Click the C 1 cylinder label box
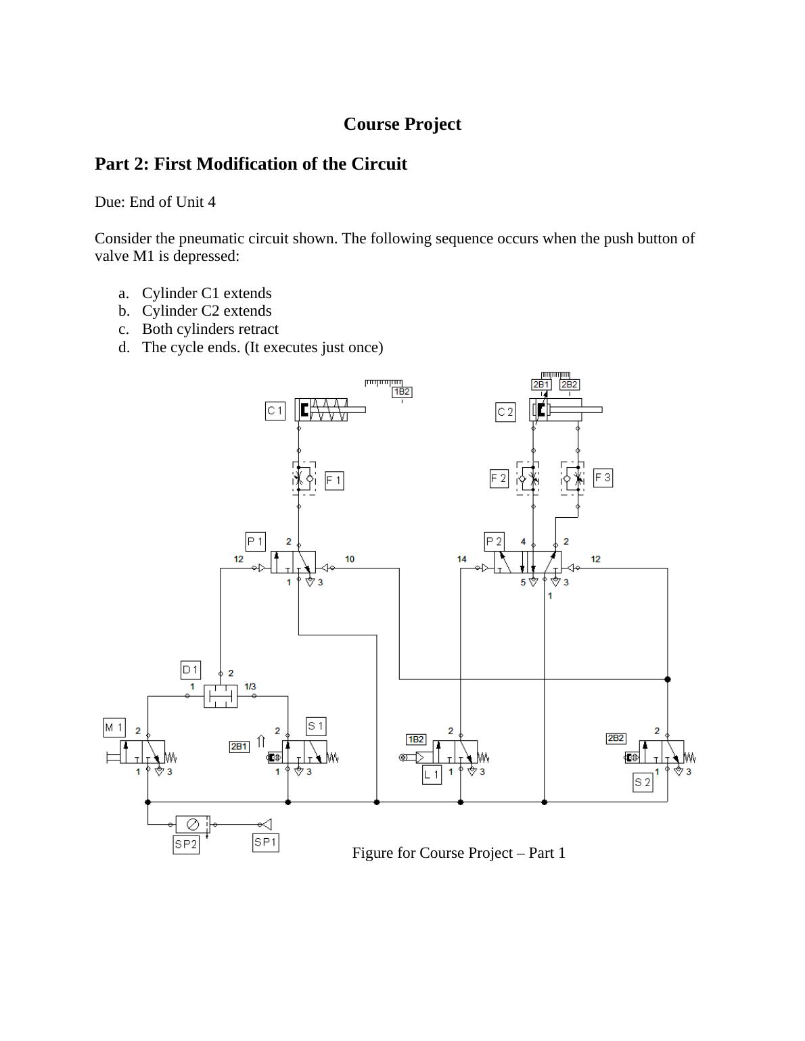275,411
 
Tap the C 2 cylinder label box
505,412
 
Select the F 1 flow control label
334,481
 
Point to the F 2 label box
499,479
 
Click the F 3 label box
603,478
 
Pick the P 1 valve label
255,541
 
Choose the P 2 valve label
495,541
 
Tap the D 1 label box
191,670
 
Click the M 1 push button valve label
114,727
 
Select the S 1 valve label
316,727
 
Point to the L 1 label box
432,775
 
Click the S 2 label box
643,783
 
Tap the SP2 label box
186,844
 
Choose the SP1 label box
265,842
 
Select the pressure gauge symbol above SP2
192,824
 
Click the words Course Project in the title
402,124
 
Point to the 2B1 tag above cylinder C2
541,385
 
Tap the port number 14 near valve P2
462,559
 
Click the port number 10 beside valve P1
350,559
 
